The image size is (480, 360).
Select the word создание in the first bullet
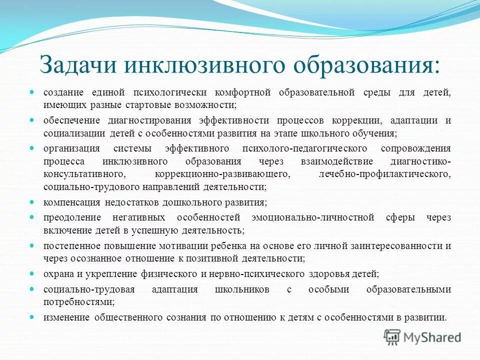coord(64,93)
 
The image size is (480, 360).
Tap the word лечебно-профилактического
coord(384,174)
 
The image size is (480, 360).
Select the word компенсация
coord(72,202)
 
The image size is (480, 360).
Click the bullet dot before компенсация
coord(32,202)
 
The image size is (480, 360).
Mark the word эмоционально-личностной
coord(307,218)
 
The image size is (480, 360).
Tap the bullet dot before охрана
coord(32,273)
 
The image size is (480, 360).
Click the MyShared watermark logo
coord(423,337)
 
